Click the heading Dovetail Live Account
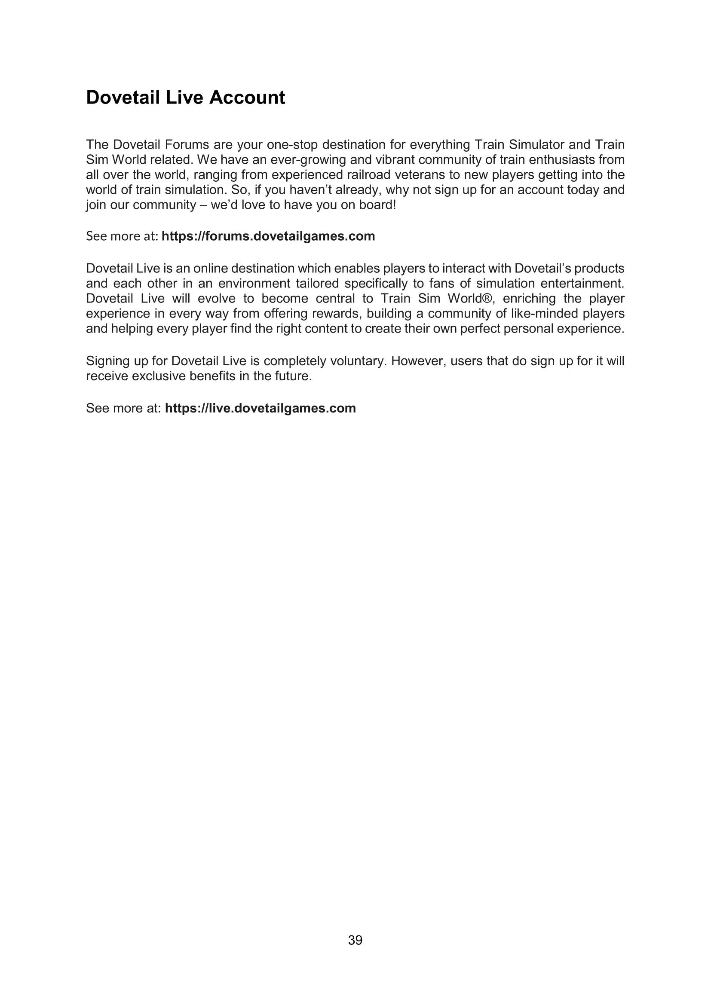coord(185,97)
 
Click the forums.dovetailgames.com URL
coord(268,236)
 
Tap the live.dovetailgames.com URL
coord(260,408)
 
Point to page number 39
coord(355,940)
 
